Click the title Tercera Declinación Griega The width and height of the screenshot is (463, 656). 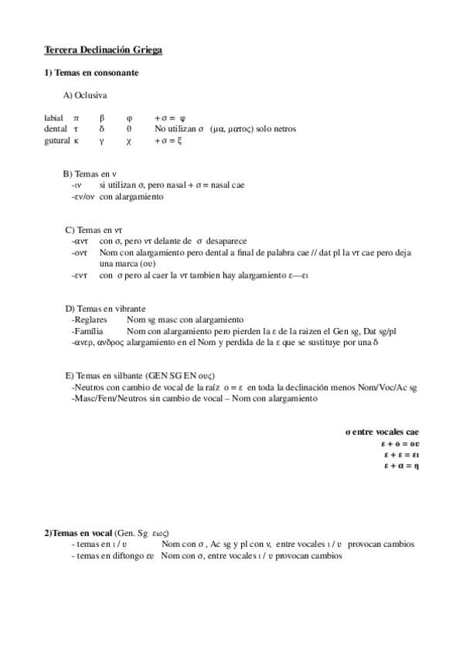tap(103, 50)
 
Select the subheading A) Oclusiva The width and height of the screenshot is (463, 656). tap(85, 95)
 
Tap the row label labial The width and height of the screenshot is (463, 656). tap(54, 118)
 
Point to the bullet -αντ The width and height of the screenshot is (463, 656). tap(79, 241)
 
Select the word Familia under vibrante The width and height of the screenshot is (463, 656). tap(87, 331)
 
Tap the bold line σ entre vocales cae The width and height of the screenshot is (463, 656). tap(382, 432)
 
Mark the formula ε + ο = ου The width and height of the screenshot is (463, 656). tap(400, 444)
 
